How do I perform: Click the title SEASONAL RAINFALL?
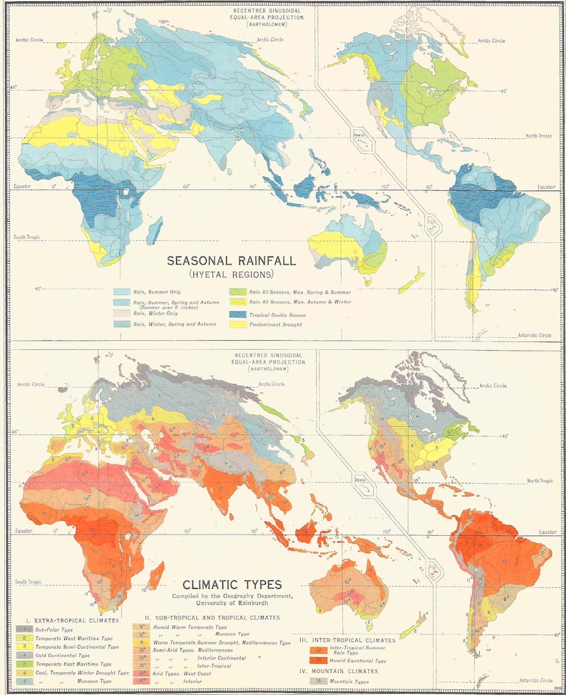231,261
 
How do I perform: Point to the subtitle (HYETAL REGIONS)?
231,274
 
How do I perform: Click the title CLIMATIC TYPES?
232,585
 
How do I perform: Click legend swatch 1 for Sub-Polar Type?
26,629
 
